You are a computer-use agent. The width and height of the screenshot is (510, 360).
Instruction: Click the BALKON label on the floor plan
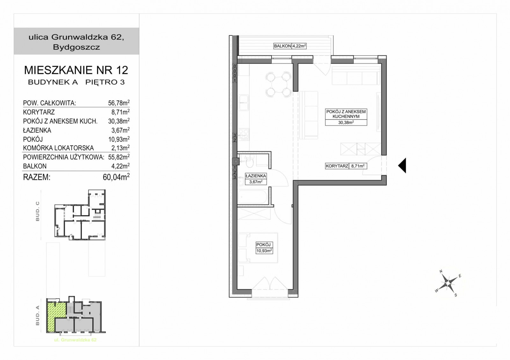(282, 46)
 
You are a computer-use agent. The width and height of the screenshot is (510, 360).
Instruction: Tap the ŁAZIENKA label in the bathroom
(256, 176)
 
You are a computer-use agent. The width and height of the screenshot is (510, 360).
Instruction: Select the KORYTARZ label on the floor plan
(337, 166)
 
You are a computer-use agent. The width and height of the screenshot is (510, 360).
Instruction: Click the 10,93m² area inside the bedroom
(264, 251)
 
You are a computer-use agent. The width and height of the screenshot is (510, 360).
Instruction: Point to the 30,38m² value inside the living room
(346, 122)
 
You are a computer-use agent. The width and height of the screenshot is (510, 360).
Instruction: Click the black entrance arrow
(402, 165)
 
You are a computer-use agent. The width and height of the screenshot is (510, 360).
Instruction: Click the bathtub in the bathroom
(253, 196)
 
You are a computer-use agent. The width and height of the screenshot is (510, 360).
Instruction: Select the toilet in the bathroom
(250, 163)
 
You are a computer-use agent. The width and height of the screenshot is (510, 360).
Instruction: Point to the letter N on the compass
(441, 271)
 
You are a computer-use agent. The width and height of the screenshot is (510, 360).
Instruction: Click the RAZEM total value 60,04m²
(116, 177)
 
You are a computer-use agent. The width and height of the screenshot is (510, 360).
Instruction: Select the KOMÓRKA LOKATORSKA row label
(58, 148)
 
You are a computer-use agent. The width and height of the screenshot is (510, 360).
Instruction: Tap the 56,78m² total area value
(119, 103)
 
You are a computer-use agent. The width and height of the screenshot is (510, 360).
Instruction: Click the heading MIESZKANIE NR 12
(76, 70)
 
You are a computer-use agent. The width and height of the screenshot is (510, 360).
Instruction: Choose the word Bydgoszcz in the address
(76, 47)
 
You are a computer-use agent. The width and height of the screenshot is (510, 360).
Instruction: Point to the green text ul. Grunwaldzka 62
(75, 340)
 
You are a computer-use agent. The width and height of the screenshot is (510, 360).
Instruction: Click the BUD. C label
(38, 211)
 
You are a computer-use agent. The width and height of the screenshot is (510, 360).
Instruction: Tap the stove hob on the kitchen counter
(244, 134)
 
